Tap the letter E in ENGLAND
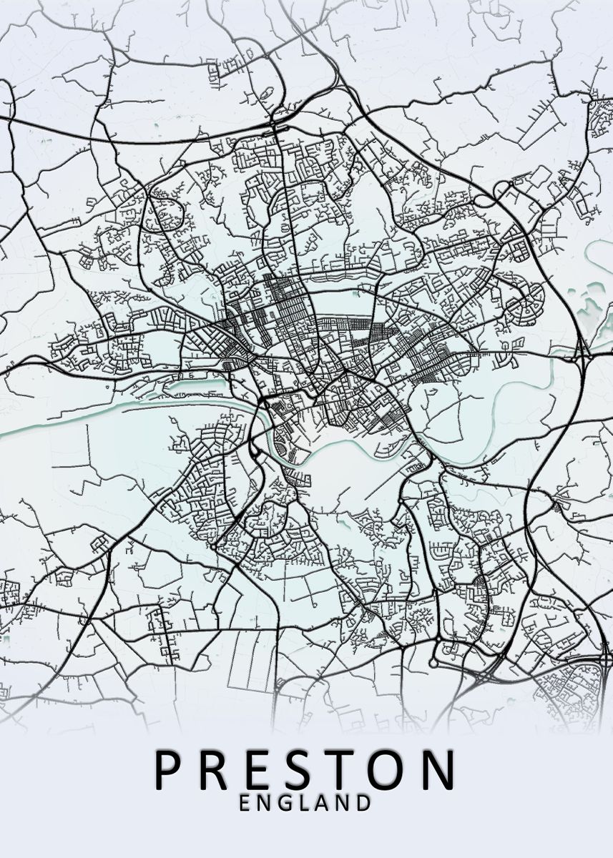[x=245, y=803]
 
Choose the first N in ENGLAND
[x=265, y=803]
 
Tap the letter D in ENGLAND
[x=364, y=803]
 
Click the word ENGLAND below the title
[x=305, y=803]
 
